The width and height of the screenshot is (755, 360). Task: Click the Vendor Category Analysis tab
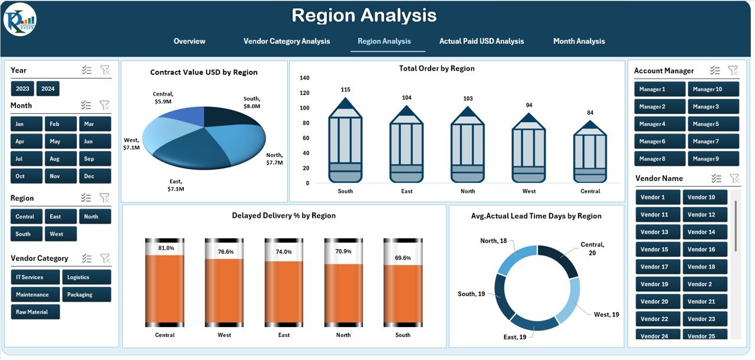[x=287, y=41]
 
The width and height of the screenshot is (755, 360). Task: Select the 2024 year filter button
[x=48, y=89]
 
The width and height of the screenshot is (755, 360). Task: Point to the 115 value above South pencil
[x=345, y=90]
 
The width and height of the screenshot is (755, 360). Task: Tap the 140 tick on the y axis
[x=304, y=78]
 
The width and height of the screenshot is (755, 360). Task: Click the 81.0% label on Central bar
[x=166, y=248]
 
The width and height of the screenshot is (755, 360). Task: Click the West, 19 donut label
[x=606, y=315]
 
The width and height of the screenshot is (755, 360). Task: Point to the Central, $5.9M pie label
[x=163, y=98]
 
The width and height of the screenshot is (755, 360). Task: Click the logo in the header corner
[x=20, y=19]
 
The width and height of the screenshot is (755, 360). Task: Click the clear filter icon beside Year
[x=104, y=70]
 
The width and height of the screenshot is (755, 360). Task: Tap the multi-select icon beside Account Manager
[x=715, y=70]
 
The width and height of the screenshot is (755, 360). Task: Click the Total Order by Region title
[x=436, y=68]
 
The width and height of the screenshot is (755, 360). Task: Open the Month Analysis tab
[x=579, y=41]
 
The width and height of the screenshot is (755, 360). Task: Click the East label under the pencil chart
[x=406, y=191]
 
